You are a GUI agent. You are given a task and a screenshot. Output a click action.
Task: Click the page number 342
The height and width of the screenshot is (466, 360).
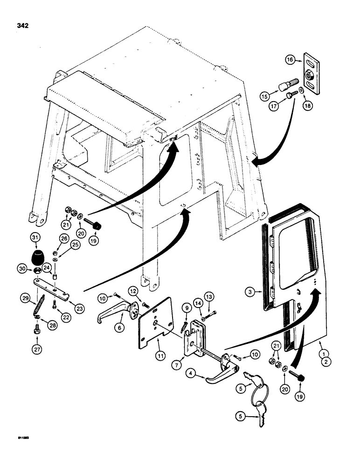(22, 26)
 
